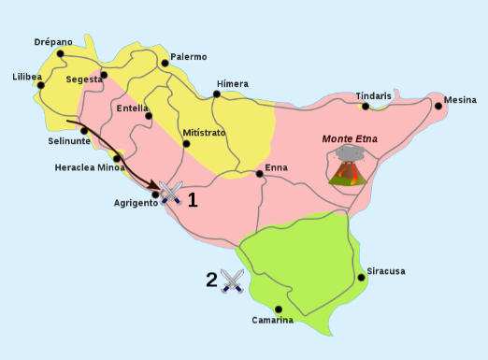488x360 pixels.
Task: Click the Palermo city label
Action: [x=189, y=56]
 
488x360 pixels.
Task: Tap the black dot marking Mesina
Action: [x=438, y=106]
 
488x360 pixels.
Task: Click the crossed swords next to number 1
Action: [x=170, y=194]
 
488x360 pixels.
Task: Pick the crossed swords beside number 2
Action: [x=232, y=281]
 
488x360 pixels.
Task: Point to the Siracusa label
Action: [x=385, y=271]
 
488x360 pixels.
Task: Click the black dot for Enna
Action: [x=259, y=173]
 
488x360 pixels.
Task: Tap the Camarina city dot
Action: [x=279, y=310]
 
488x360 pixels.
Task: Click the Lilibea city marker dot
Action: [x=42, y=86]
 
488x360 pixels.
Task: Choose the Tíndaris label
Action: [x=374, y=95]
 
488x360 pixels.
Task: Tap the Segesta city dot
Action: [x=104, y=75]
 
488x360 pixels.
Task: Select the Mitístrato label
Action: [x=204, y=133]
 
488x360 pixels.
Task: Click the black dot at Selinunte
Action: [x=84, y=130]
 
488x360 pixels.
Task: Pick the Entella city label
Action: [x=133, y=108]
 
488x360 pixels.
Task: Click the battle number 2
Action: [x=211, y=278]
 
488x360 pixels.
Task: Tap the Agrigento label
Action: [x=136, y=203]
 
